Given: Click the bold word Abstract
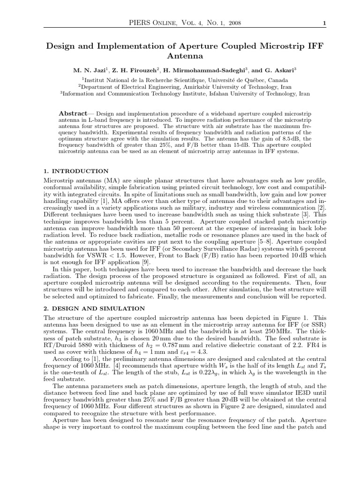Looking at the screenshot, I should tap(73, 114).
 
